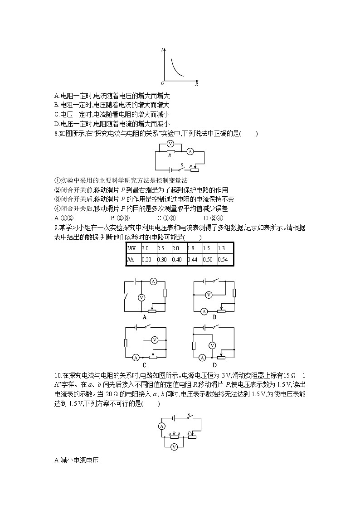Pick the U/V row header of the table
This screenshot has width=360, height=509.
[133, 248]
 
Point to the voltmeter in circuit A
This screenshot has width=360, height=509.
[141, 297]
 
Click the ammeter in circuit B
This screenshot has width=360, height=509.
[204, 311]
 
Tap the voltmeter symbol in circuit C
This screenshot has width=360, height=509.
[154, 339]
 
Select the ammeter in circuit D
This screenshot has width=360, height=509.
[202, 358]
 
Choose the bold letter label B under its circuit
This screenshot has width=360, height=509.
[214, 317]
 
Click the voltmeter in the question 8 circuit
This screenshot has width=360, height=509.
[170, 143]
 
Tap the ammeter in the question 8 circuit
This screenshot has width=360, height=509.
[190, 151]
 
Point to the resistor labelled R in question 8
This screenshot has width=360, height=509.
[170, 151]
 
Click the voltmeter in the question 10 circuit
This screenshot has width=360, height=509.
[173, 446]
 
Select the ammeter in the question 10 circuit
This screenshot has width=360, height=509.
[161, 426]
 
